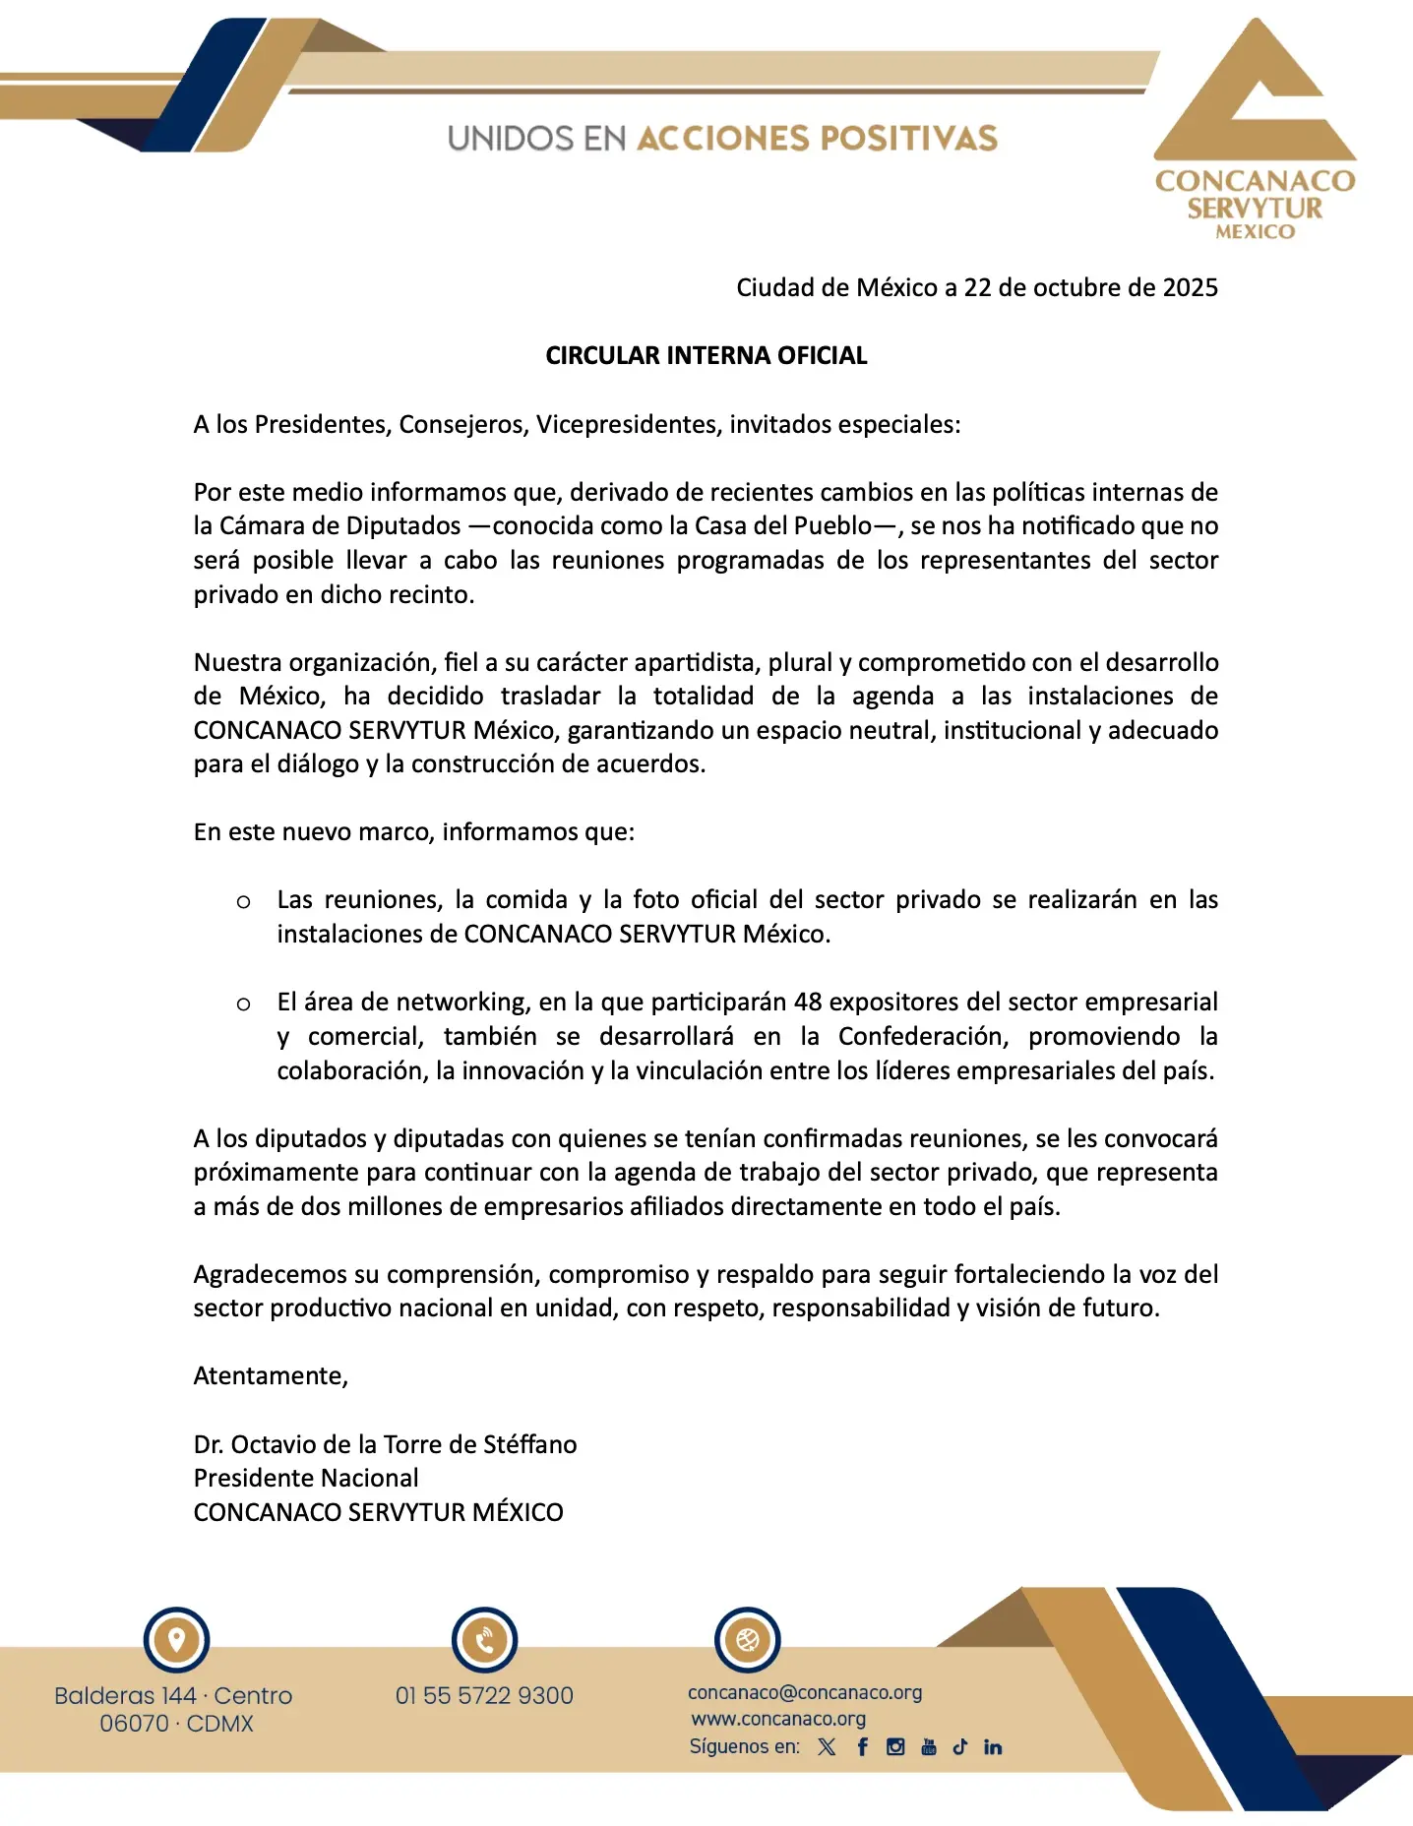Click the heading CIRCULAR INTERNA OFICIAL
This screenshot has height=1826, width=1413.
[706, 356]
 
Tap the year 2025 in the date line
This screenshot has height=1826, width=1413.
[1190, 288]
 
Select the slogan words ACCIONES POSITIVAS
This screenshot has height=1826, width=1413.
[817, 139]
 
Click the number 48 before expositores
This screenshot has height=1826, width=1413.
[807, 1003]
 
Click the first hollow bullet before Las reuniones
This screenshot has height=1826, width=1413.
[243, 901]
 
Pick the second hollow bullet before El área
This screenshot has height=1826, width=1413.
[243, 1004]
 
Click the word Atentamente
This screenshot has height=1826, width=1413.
[271, 1376]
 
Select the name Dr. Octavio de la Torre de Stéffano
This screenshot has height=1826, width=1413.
[385, 1444]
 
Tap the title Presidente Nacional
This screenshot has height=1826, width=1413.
[306, 1479]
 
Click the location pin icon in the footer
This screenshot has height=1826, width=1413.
[177, 1640]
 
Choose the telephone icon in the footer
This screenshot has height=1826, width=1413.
[484, 1640]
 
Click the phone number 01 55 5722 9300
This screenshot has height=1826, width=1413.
[484, 1696]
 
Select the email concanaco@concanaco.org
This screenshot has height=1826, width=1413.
[805, 1693]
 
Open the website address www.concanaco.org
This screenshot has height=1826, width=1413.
[778, 1720]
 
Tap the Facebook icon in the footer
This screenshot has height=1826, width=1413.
[863, 1747]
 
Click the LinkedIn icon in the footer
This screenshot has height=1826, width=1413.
[993, 1747]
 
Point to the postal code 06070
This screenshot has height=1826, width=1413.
[134, 1725]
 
